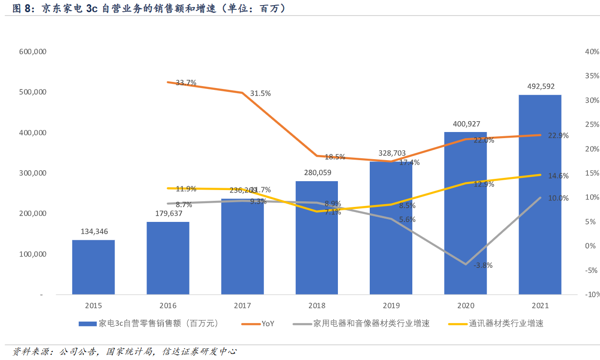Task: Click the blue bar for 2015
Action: click(x=93, y=267)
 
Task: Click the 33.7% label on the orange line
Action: click(x=186, y=83)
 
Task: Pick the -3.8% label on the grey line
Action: click(x=483, y=265)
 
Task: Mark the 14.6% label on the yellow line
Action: click(x=558, y=176)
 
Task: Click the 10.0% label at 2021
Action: click(x=558, y=198)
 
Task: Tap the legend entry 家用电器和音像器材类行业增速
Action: click(x=371, y=323)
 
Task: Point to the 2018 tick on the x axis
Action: click(x=316, y=306)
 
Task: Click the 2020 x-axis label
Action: click(x=465, y=306)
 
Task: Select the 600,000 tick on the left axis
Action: click(x=33, y=51)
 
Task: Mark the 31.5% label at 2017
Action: click(x=260, y=94)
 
